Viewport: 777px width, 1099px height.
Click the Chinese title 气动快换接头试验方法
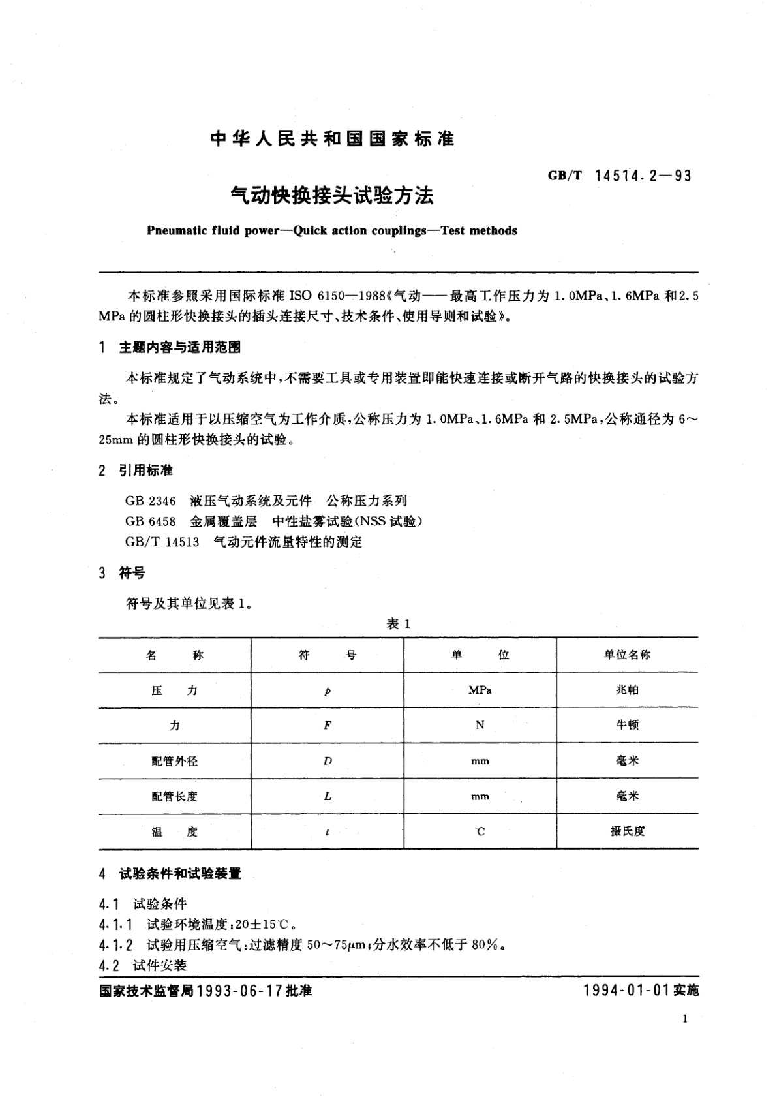[333, 195]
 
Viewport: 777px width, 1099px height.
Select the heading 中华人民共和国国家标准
[333, 139]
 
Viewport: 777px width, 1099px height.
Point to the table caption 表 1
[398, 624]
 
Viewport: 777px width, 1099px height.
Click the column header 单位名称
[627, 655]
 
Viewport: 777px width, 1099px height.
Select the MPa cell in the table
[480, 690]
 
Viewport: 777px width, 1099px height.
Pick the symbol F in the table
[328, 725]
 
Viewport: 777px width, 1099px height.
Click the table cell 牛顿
[627, 725]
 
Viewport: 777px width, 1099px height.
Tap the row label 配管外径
[174, 761]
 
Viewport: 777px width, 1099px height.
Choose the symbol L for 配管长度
[328, 796]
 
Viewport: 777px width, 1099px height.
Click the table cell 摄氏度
[627, 831]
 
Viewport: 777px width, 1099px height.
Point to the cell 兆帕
[627, 690]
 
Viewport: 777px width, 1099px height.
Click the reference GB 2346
[151, 501]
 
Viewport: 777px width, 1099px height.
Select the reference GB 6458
[151, 521]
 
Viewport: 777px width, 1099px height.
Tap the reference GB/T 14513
[162, 542]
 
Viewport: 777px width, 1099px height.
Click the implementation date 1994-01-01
[627, 991]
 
